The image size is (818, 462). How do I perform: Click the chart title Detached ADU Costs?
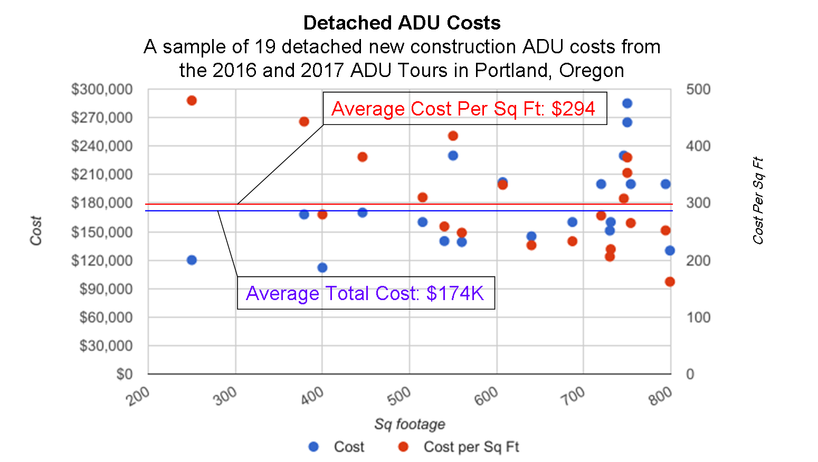click(402, 23)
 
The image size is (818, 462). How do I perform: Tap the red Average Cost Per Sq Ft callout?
click(463, 109)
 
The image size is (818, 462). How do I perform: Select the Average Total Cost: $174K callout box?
click(365, 293)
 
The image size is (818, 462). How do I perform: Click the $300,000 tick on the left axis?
click(102, 89)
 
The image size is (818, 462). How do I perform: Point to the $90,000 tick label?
click(106, 288)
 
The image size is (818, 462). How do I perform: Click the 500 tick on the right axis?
click(697, 89)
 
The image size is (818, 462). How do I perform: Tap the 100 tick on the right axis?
click(697, 317)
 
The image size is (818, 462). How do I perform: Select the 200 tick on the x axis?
click(139, 395)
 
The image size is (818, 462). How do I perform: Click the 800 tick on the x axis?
click(661, 395)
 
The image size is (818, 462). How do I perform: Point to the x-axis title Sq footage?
click(410, 424)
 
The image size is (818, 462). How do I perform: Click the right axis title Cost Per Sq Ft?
click(758, 200)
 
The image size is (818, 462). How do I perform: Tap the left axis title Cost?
click(36, 230)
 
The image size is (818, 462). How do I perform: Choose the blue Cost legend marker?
click(313, 447)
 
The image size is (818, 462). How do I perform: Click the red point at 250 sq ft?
click(192, 101)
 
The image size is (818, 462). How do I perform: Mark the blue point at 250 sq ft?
click(192, 260)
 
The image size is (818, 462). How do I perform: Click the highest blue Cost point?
click(627, 103)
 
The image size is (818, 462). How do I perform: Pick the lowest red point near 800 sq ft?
click(670, 282)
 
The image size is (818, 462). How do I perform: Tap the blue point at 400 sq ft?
click(322, 267)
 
